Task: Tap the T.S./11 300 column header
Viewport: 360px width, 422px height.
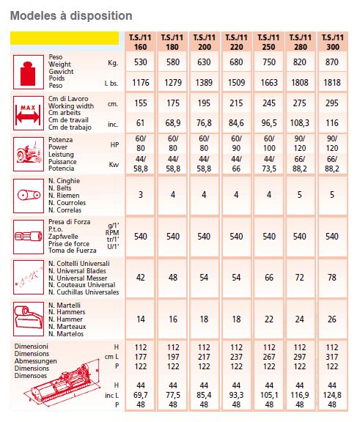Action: pyautogui.click(x=331, y=41)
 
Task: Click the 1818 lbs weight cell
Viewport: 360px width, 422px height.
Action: pyautogui.click(x=331, y=83)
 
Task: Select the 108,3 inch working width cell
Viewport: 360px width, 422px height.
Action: pyautogui.click(x=300, y=124)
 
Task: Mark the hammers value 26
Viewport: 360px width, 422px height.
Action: pyautogui.click(x=331, y=320)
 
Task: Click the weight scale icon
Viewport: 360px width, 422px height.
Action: pyautogui.click(x=30, y=73)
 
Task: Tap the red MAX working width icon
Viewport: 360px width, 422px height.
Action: pyautogui.click(x=30, y=114)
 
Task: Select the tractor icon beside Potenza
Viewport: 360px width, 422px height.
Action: pyautogui.click(x=30, y=155)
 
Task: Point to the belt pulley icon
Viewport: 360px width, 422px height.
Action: pyautogui.click(x=30, y=196)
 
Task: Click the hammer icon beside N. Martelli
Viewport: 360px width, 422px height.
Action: pyautogui.click(x=30, y=319)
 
